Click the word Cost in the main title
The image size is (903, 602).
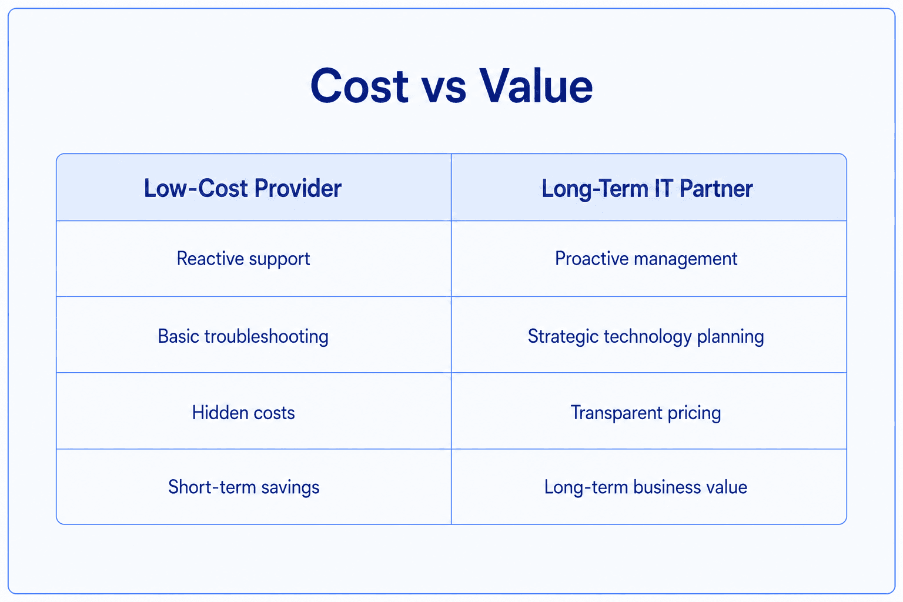(x=359, y=86)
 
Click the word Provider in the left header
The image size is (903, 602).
(x=298, y=188)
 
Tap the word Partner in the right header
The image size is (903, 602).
(x=716, y=189)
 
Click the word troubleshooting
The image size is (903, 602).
(x=266, y=337)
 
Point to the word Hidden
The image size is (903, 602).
(x=220, y=413)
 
